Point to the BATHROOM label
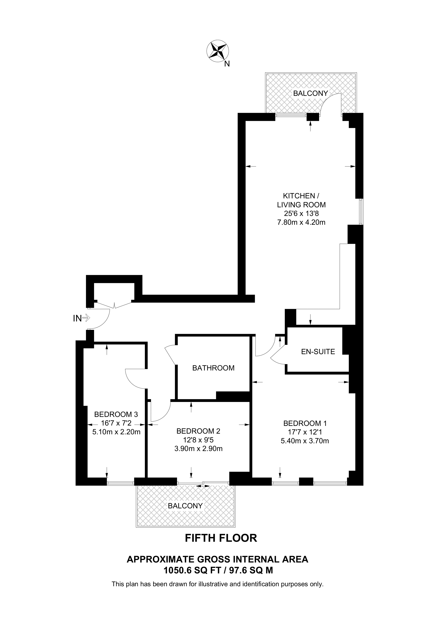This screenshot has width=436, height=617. tap(213, 368)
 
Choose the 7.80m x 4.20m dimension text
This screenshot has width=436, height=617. tap(301, 222)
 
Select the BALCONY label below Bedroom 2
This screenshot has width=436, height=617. tap(185, 506)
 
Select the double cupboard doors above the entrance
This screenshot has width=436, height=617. tap(114, 305)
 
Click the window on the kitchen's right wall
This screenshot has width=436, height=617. tap(361, 211)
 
